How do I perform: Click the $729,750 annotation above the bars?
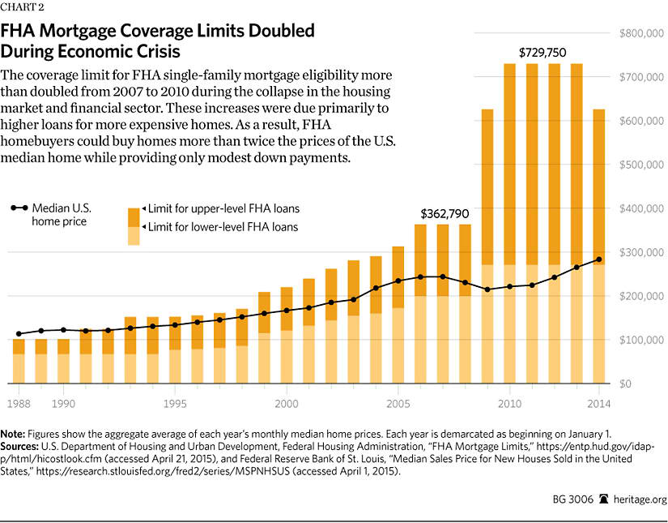click(542, 52)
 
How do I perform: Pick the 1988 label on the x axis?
click(19, 403)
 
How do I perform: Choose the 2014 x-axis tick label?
click(598, 403)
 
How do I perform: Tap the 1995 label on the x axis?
click(175, 403)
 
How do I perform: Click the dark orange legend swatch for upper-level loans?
click(134, 216)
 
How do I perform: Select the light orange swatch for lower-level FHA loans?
click(134, 235)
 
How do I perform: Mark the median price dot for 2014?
click(599, 259)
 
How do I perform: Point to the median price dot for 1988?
click(19, 333)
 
